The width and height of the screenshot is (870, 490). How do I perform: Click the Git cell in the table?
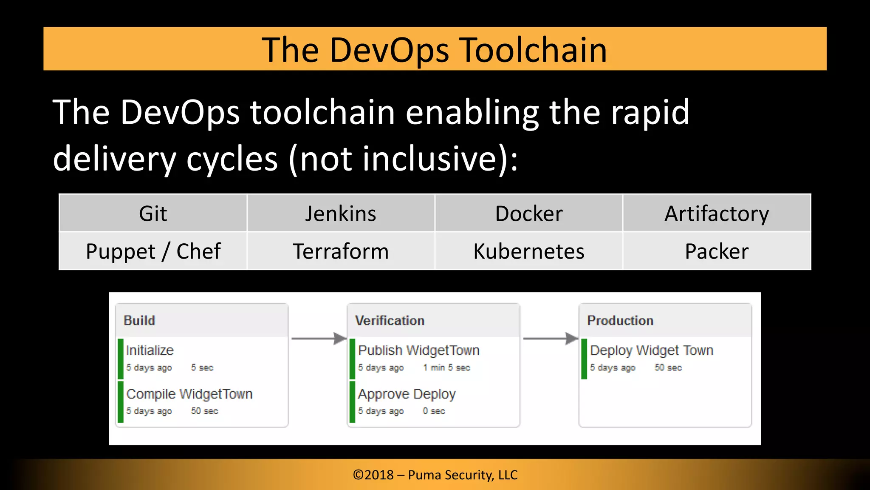click(153, 214)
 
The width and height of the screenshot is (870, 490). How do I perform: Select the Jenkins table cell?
click(341, 214)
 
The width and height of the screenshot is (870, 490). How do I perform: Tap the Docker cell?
click(529, 214)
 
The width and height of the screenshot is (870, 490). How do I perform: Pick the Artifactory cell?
click(717, 214)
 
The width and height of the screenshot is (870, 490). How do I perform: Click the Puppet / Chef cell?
click(153, 251)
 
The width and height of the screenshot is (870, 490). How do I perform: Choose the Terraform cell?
click(341, 251)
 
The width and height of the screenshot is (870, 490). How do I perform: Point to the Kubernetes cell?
click(529, 251)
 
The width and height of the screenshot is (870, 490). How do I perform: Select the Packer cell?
click(717, 251)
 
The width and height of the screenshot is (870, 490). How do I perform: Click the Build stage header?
click(139, 321)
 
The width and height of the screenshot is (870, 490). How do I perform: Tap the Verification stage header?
click(390, 321)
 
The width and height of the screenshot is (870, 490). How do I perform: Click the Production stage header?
click(620, 321)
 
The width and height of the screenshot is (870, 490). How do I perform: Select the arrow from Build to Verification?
click(319, 339)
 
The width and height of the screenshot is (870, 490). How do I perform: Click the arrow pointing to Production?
click(551, 339)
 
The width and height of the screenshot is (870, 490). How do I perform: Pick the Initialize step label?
click(150, 350)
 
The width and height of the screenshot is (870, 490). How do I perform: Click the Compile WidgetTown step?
click(189, 394)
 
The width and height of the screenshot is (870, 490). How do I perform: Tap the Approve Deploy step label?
click(407, 394)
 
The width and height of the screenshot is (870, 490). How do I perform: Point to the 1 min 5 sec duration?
click(446, 367)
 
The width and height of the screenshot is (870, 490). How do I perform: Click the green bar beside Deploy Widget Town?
click(584, 359)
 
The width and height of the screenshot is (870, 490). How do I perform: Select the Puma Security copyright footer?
click(435, 475)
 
